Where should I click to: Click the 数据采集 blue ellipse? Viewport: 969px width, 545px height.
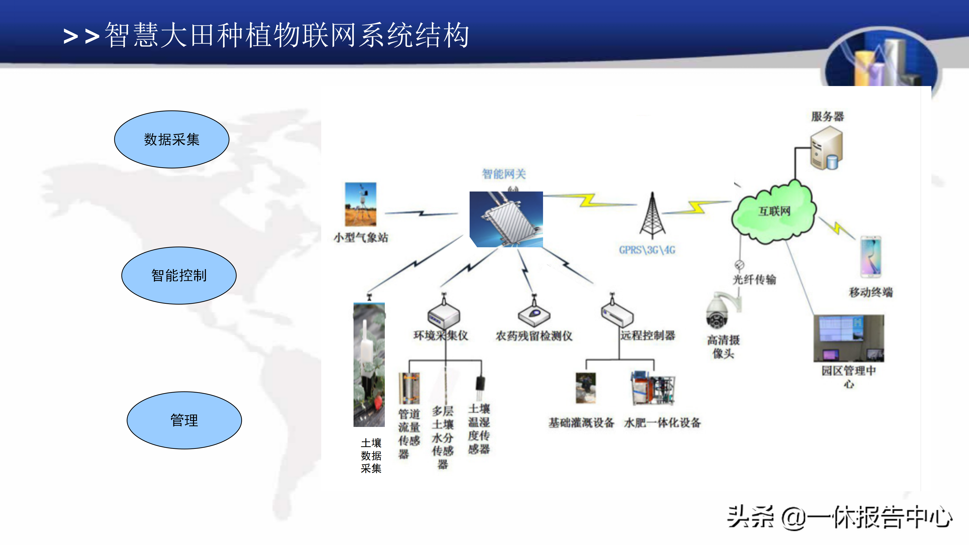pos(172,139)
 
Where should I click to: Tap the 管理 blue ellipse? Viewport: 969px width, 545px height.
pos(184,420)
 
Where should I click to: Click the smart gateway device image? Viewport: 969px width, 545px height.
pos(506,219)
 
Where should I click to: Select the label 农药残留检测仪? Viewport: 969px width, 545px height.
pos(534,336)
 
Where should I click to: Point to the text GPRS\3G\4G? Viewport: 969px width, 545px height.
pos(647,250)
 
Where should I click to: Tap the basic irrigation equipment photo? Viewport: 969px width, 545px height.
pos(586,387)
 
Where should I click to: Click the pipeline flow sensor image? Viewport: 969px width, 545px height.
pos(409,388)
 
